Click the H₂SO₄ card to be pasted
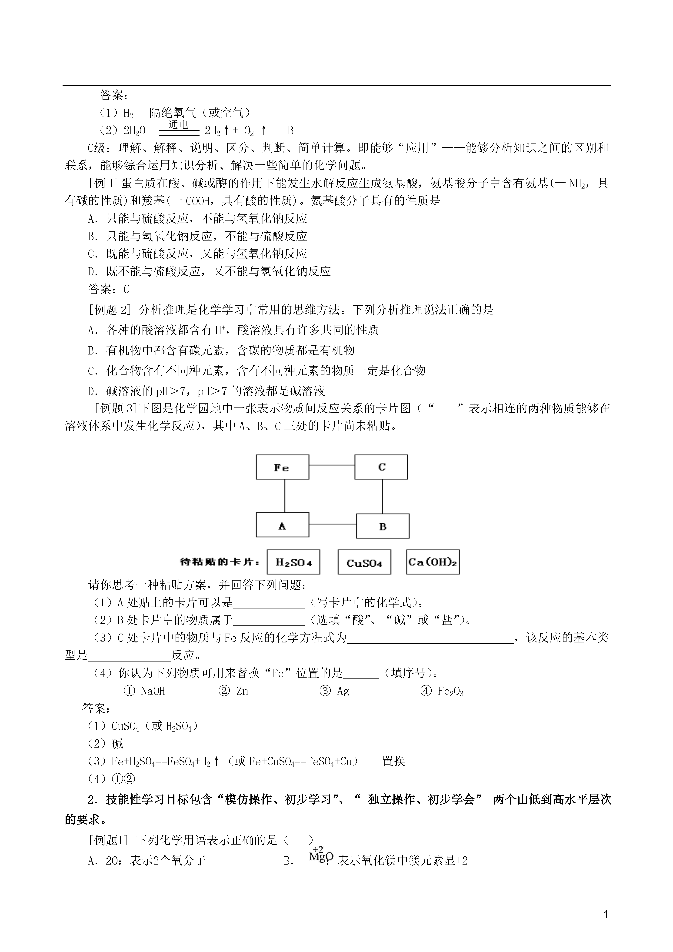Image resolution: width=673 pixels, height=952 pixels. point(293,562)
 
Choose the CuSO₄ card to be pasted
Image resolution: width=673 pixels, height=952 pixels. point(364,562)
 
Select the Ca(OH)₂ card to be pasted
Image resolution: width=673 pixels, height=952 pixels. point(433,562)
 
